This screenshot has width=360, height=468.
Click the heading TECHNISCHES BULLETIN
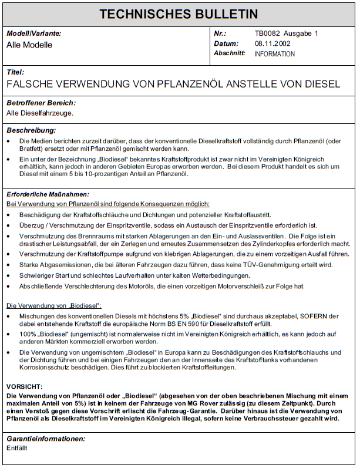click(x=179, y=14)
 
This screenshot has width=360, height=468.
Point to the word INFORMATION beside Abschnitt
click(x=275, y=54)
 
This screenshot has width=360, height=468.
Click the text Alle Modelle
click(x=29, y=45)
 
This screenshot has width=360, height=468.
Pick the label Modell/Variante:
click(x=33, y=34)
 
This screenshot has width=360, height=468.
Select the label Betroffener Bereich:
click(x=41, y=103)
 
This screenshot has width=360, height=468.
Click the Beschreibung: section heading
click(x=31, y=130)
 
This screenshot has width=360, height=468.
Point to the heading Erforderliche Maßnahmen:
click(x=48, y=194)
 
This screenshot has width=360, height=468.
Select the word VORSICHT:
click(x=24, y=388)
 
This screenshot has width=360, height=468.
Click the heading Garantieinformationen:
click(x=46, y=439)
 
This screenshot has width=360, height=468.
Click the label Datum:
click(x=226, y=43)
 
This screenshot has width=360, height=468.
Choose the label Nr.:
click(x=220, y=34)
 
